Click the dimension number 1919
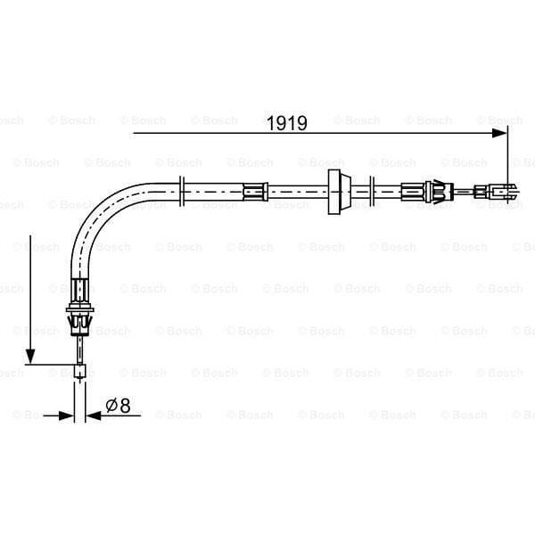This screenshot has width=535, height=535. (287, 124)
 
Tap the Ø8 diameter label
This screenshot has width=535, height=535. (118, 405)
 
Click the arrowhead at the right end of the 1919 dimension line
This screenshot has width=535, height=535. (501, 134)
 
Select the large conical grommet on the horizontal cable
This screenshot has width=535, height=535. (336, 190)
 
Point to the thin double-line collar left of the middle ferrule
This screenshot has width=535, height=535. (182, 190)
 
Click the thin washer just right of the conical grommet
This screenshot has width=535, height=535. (371, 190)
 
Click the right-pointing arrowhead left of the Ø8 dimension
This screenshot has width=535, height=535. (66, 415)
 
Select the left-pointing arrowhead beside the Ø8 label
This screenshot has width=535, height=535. (95, 415)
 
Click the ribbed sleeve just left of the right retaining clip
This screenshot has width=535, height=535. (412, 190)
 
